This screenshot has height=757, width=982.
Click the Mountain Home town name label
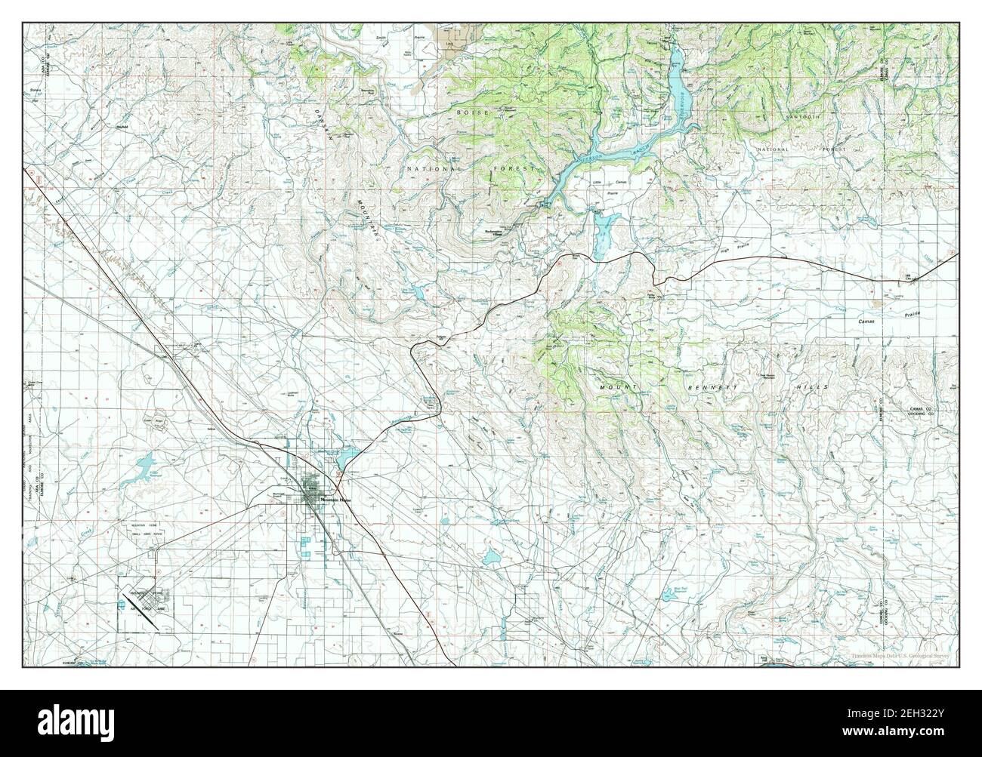(335, 500)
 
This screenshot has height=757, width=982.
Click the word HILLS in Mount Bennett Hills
(816, 386)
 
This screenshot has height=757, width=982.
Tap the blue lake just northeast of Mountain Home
(349, 457)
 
